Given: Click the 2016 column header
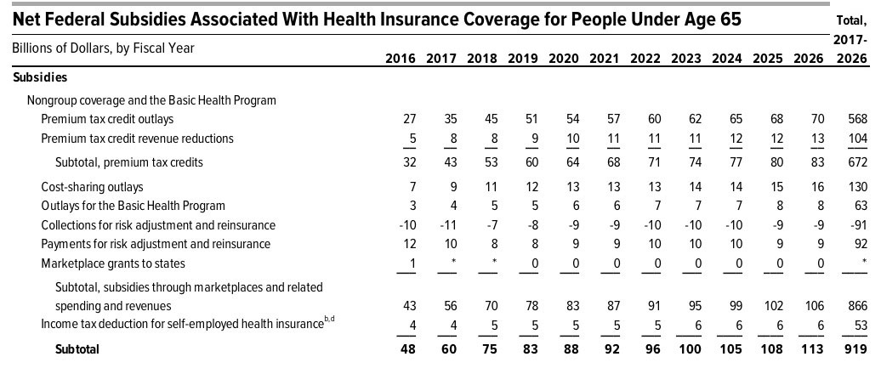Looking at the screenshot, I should coord(401,59).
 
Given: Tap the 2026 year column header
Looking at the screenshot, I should coord(815,59).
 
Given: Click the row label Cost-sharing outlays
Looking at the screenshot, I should coord(92,186).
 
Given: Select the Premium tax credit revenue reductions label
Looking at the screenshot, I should coord(137,139).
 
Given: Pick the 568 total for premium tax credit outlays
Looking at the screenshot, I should coord(857,119).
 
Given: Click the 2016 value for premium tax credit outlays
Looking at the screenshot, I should coord(407,119).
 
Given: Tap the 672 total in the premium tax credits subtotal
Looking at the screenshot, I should coord(857,162).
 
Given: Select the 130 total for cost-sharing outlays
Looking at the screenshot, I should coord(857,186).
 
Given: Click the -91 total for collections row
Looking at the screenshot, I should coord(857,224).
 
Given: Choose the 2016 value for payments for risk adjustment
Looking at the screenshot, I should coord(407,244).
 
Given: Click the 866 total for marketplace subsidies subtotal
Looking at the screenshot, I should coord(857,305).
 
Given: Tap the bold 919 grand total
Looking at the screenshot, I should coord(857,348).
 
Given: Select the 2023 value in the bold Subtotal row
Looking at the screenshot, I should coord(692,348).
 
